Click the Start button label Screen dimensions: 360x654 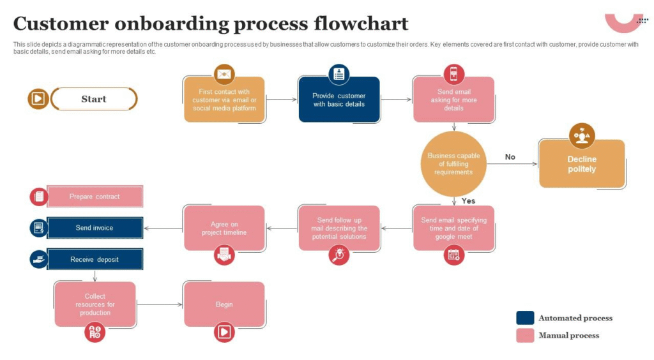click(94, 99)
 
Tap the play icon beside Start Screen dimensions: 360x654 click(38, 99)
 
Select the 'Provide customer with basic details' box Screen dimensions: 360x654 click(339, 100)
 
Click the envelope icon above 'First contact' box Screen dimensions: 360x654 click(224, 75)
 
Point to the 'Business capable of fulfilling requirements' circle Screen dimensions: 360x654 click(453, 164)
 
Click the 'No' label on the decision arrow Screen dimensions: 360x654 click(510, 157)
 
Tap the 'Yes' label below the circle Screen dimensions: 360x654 click(468, 201)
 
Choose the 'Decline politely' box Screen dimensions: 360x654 click(582, 164)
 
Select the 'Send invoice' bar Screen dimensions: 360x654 click(95, 228)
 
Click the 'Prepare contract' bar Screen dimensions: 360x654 click(95, 197)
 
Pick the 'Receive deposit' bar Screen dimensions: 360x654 click(95, 259)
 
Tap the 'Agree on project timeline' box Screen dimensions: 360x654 click(224, 228)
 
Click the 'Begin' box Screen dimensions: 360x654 click(224, 304)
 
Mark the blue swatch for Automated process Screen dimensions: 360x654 click(525, 318)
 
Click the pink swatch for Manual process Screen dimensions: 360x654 click(525, 335)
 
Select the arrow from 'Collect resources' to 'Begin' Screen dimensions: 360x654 click(160, 304)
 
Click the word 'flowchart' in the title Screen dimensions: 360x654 click(361, 24)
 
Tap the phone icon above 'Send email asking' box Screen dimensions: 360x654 click(454, 74)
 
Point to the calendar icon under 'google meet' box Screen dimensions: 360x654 click(453, 255)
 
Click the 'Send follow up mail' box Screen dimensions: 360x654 click(339, 228)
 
